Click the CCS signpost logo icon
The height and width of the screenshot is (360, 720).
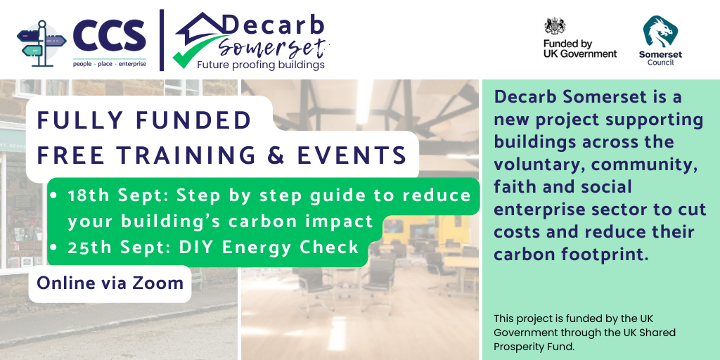click(x=41, y=44)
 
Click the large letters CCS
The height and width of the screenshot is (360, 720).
click(x=109, y=37)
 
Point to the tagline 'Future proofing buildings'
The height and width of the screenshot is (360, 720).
click(x=261, y=65)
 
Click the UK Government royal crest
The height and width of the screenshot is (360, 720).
click(x=555, y=27)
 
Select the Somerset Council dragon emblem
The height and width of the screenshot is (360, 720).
click(x=660, y=31)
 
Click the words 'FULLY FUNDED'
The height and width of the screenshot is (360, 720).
click(x=143, y=121)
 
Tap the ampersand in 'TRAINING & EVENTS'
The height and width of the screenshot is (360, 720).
click(x=277, y=155)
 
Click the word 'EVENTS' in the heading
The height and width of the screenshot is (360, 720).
click(x=352, y=155)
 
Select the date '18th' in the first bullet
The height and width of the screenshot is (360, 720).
click(x=89, y=195)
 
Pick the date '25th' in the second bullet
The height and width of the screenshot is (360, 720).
click(x=90, y=248)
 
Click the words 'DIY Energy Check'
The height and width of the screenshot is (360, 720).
click(x=269, y=248)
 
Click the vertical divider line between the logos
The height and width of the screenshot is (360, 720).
click(x=162, y=40)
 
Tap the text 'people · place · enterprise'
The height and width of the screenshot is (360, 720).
click(x=109, y=64)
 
